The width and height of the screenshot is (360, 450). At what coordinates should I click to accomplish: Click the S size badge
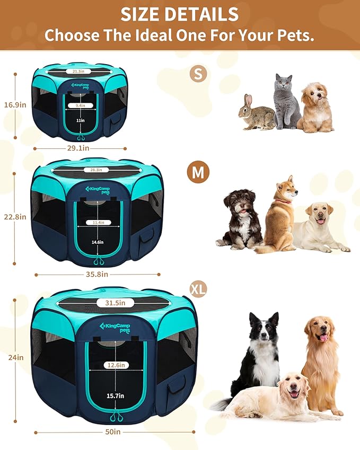pyautogui.click(x=198, y=74)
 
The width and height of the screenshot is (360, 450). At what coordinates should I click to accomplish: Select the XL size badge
pyautogui.click(x=198, y=289)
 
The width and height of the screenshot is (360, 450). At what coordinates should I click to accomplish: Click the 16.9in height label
pyautogui.click(x=15, y=104)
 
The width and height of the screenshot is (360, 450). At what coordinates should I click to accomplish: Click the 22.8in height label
pyautogui.click(x=15, y=216)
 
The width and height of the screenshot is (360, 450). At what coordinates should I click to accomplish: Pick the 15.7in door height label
pyautogui.click(x=115, y=395)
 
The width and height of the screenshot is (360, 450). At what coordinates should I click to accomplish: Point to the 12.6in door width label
pyautogui.click(x=115, y=365)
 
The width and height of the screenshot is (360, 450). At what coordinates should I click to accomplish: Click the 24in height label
pyautogui.click(x=16, y=357)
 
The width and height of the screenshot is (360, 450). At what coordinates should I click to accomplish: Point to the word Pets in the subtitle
pyautogui.click(x=293, y=35)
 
